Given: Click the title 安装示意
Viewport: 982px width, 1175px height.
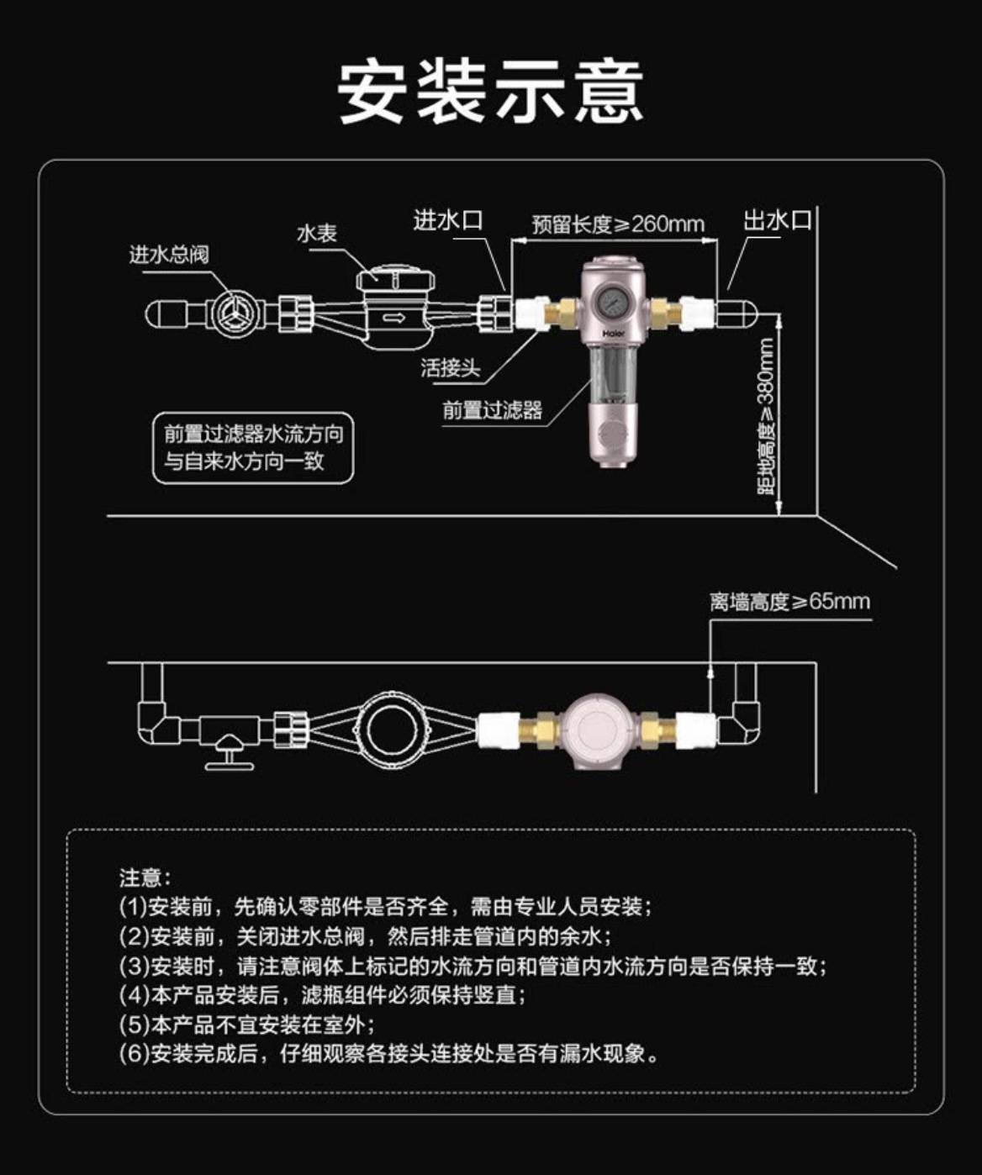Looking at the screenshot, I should [x=491, y=91].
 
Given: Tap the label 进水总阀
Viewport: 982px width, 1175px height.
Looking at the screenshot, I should [x=168, y=254].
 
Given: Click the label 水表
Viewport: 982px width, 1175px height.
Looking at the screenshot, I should [x=316, y=233].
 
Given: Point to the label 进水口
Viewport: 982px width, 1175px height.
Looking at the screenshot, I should [x=448, y=220].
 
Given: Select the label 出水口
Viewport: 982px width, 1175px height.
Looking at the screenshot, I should [x=778, y=220].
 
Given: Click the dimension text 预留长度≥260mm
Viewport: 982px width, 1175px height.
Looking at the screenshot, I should [x=618, y=224].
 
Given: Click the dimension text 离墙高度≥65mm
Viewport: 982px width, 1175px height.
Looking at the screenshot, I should [x=789, y=602].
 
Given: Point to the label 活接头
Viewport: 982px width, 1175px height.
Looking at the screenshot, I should [x=451, y=367].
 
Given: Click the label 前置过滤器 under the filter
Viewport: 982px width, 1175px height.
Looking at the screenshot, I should [x=493, y=410].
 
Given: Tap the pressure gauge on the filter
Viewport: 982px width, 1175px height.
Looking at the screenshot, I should [x=612, y=301].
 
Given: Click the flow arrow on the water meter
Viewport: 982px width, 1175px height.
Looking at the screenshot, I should [x=394, y=318].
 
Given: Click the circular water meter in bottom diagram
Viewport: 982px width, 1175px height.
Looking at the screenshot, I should [x=392, y=729].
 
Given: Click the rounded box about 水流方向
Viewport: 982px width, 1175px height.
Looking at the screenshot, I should [x=253, y=447].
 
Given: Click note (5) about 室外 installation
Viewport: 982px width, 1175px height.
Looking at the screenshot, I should [x=247, y=1025].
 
